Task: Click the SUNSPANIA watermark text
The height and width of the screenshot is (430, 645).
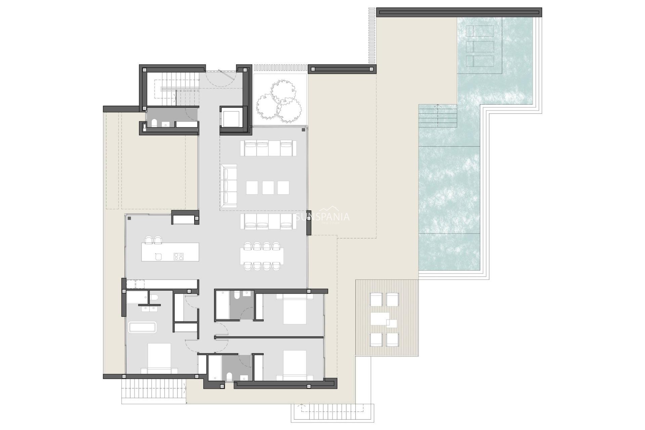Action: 322,217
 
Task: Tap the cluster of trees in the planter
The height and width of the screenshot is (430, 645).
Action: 278,101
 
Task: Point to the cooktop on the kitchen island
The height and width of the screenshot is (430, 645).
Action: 178,257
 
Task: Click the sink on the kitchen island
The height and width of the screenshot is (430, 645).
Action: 159,257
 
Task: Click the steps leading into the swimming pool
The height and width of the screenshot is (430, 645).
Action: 438,116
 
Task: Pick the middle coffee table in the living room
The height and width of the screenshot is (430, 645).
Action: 268,187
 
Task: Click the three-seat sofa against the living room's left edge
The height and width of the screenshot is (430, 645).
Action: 229,185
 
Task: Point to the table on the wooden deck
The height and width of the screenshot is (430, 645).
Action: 380,319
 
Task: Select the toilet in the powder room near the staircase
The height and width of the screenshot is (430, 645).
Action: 154,123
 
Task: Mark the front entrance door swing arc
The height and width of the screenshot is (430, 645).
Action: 218,79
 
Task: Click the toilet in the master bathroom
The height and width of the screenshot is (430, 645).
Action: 154,298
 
